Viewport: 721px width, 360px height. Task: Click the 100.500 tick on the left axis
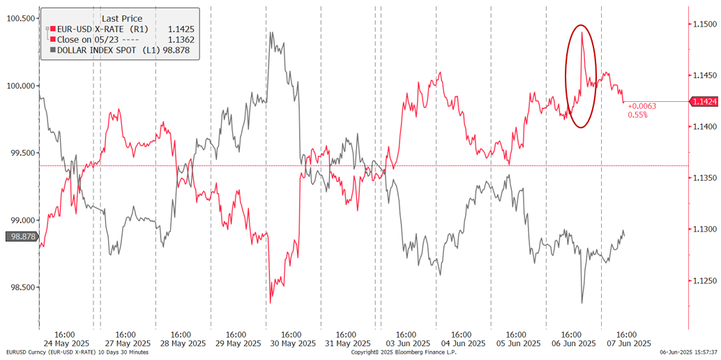click(x=20, y=18)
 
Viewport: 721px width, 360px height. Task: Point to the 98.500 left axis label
click(x=20, y=287)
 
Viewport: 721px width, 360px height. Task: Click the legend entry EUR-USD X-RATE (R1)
click(x=103, y=29)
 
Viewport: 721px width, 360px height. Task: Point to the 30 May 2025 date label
click(x=291, y=343)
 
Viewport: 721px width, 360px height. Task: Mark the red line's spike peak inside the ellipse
click(x=582, y=33)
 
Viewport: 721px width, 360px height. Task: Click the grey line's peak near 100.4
click(x=271, y=33)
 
